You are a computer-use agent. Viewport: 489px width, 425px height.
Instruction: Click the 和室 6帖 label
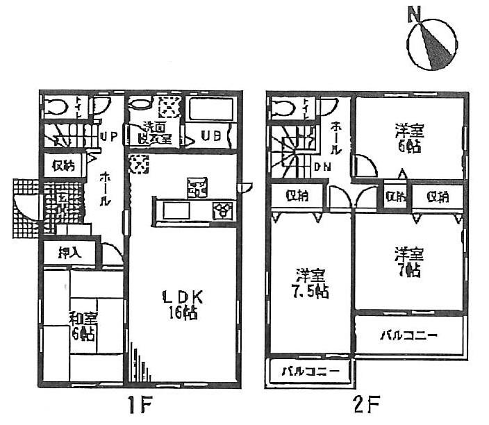pos(83,326)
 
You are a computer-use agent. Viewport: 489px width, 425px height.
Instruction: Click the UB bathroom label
pos(212,136)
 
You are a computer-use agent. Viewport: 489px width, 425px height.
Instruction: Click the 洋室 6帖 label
pos(410,137)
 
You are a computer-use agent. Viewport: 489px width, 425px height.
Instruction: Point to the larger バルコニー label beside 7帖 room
pos(408,336)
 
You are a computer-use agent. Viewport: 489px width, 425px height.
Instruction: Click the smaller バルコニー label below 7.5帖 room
pos(310,372)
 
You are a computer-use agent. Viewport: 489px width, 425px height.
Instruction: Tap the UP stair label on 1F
pos(108,136)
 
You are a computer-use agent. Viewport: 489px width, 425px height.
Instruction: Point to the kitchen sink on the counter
pos(174,209)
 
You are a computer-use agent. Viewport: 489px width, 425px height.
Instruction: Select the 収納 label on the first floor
pos(64,166)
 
